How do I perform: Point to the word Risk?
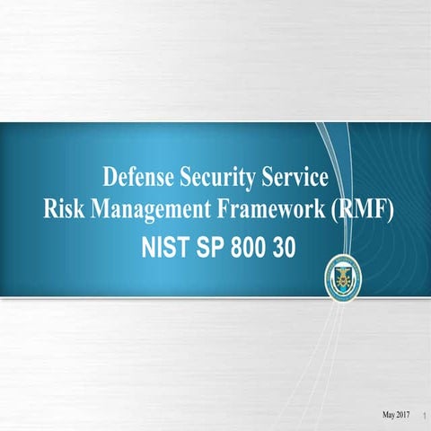click(x=63, y=210)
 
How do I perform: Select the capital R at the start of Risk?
click(x=50, y=210)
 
